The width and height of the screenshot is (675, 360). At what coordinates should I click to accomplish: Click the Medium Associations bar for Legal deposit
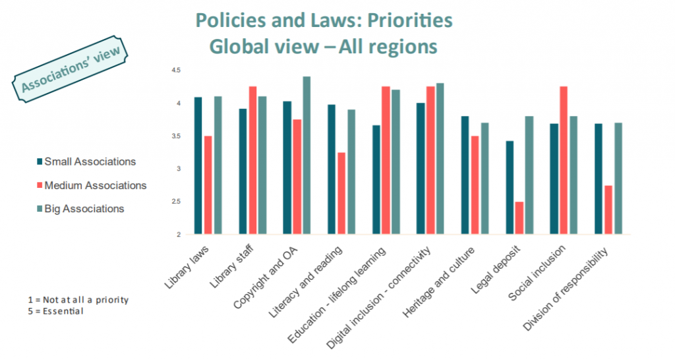(x=519, y=218)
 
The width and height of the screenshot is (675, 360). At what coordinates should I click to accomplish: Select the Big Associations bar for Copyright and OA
(x=307, y=156)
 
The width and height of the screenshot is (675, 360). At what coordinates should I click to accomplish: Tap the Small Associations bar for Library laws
(x=198, y=165)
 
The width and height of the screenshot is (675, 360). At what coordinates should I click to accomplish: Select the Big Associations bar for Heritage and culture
(x=484, y=178)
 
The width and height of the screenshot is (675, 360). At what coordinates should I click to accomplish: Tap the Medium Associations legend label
(x=95, y=186)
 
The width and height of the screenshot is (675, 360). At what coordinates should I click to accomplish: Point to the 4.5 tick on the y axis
(x=176, y=70)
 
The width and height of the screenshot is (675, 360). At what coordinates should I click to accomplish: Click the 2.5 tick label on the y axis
(x=176, y=202)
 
